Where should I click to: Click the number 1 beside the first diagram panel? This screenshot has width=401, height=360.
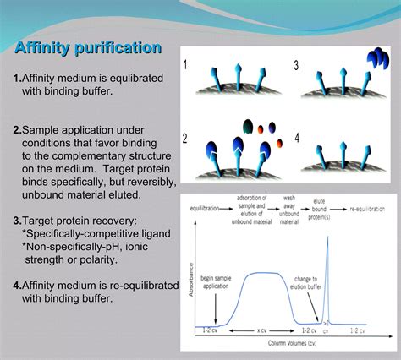(x=186, y=63)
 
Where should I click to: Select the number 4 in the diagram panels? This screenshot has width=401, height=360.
(x=296, y=136)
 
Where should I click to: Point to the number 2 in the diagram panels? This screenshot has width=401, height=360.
(x=185, y=137)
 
